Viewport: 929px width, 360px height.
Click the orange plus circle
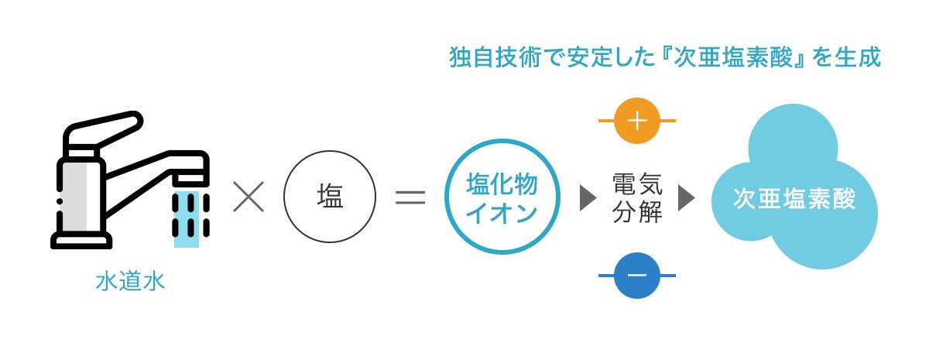[636, 122]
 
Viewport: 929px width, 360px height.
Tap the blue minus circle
[636, 276]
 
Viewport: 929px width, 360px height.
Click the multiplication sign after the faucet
[249, 197]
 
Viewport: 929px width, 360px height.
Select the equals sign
[410, 197]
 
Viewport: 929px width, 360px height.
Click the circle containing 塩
[330, 197]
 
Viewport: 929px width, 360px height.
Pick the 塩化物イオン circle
[502, 197]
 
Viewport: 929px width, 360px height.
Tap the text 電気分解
[637, 198]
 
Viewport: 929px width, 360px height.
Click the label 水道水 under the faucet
[131, 281]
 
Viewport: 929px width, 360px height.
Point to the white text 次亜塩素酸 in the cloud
[794, 198]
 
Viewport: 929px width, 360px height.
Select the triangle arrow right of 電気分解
[686, 198]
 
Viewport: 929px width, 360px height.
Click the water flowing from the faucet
[187, 217]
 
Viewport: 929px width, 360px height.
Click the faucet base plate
[81, 241]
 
